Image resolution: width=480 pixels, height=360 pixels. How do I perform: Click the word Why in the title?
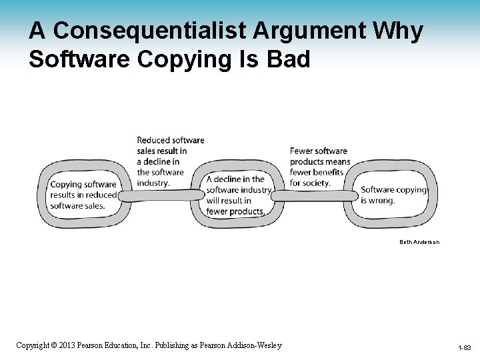[397, 31]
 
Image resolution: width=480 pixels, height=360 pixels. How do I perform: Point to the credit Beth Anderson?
[420, 241]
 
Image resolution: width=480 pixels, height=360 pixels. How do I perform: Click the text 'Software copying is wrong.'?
[393, 195]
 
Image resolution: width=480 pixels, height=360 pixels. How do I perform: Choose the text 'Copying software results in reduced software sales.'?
[83, 195]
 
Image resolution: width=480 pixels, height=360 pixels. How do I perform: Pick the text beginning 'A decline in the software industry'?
[239, 195]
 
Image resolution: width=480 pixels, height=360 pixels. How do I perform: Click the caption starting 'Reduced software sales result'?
[170, 161]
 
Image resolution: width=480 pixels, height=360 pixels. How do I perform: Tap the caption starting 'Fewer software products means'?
[319, 167]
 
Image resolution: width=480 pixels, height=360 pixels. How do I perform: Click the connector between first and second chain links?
[161, 195]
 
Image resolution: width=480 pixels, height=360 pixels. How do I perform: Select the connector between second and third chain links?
[313, 195]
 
